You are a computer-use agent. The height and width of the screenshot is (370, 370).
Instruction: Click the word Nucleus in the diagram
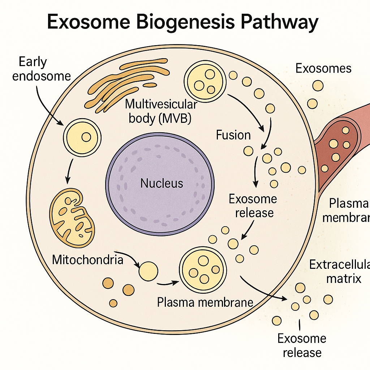[x=162, y=183]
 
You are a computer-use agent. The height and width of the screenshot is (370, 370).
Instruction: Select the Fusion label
[x=233, y=135]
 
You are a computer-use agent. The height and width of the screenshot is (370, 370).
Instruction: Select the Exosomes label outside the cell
[x=323, y=68]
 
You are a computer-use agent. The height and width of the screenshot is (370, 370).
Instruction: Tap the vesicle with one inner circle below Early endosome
[x=82, y=137]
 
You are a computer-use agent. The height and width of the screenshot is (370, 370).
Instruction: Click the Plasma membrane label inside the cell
[x=205, y=302]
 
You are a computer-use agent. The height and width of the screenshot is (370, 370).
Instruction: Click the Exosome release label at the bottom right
[x=302, y=345]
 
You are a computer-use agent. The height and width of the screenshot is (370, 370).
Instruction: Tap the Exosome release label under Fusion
[x=253, y=206]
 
